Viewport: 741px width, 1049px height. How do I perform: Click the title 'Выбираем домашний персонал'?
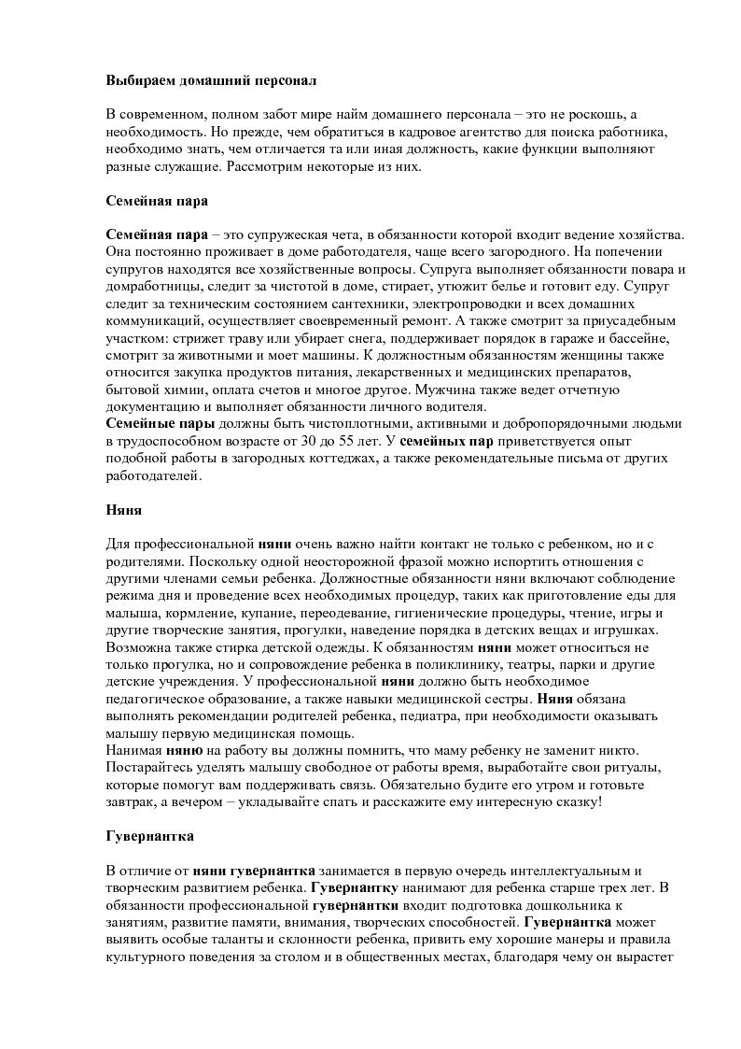tap(211, 81)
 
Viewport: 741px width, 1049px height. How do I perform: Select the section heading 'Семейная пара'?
tap(157, 201)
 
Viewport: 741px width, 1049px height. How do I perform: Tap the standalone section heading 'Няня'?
tap(123, 510)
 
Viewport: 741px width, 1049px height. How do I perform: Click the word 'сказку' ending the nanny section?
tap(573, 801)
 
